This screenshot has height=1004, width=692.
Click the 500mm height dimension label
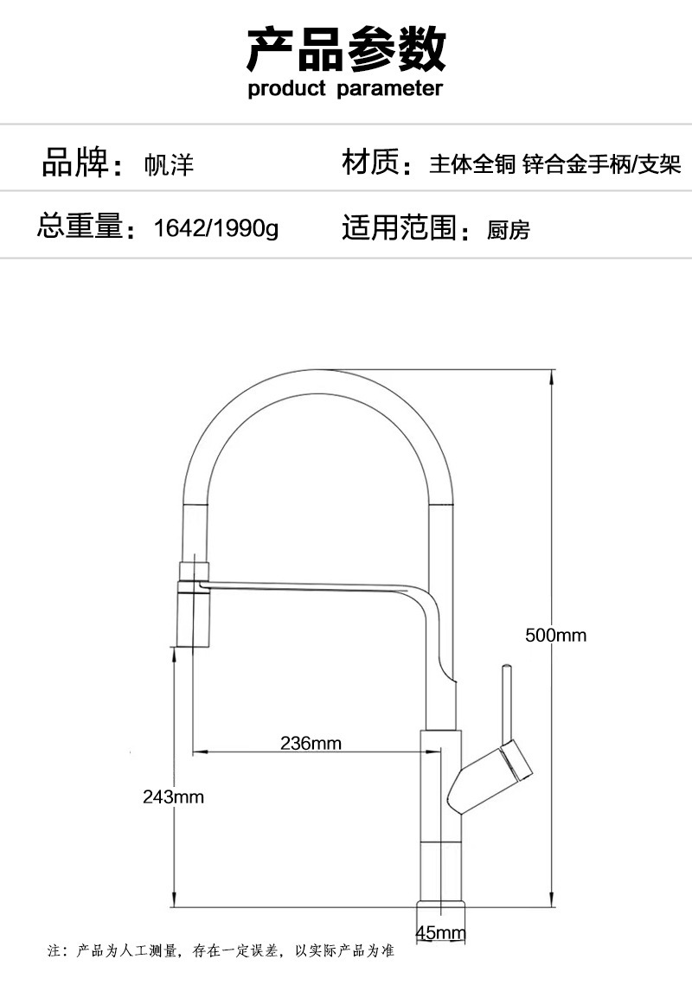click(555, 636)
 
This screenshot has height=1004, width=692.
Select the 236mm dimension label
click(311, 743)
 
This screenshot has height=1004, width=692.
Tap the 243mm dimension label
click(173, 796)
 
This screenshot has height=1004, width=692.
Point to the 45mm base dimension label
click(440, 933)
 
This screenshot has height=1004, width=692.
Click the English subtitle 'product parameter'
click(345, 88)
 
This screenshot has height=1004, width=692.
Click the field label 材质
click(371, 163)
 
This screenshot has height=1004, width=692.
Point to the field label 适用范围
click(399, 227)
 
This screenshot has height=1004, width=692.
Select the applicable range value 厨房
click(508, 230)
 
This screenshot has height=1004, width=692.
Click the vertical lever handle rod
click(506, 700)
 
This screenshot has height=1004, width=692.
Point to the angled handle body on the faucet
click(490, 775)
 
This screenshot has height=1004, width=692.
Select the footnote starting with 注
click(221, 951)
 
